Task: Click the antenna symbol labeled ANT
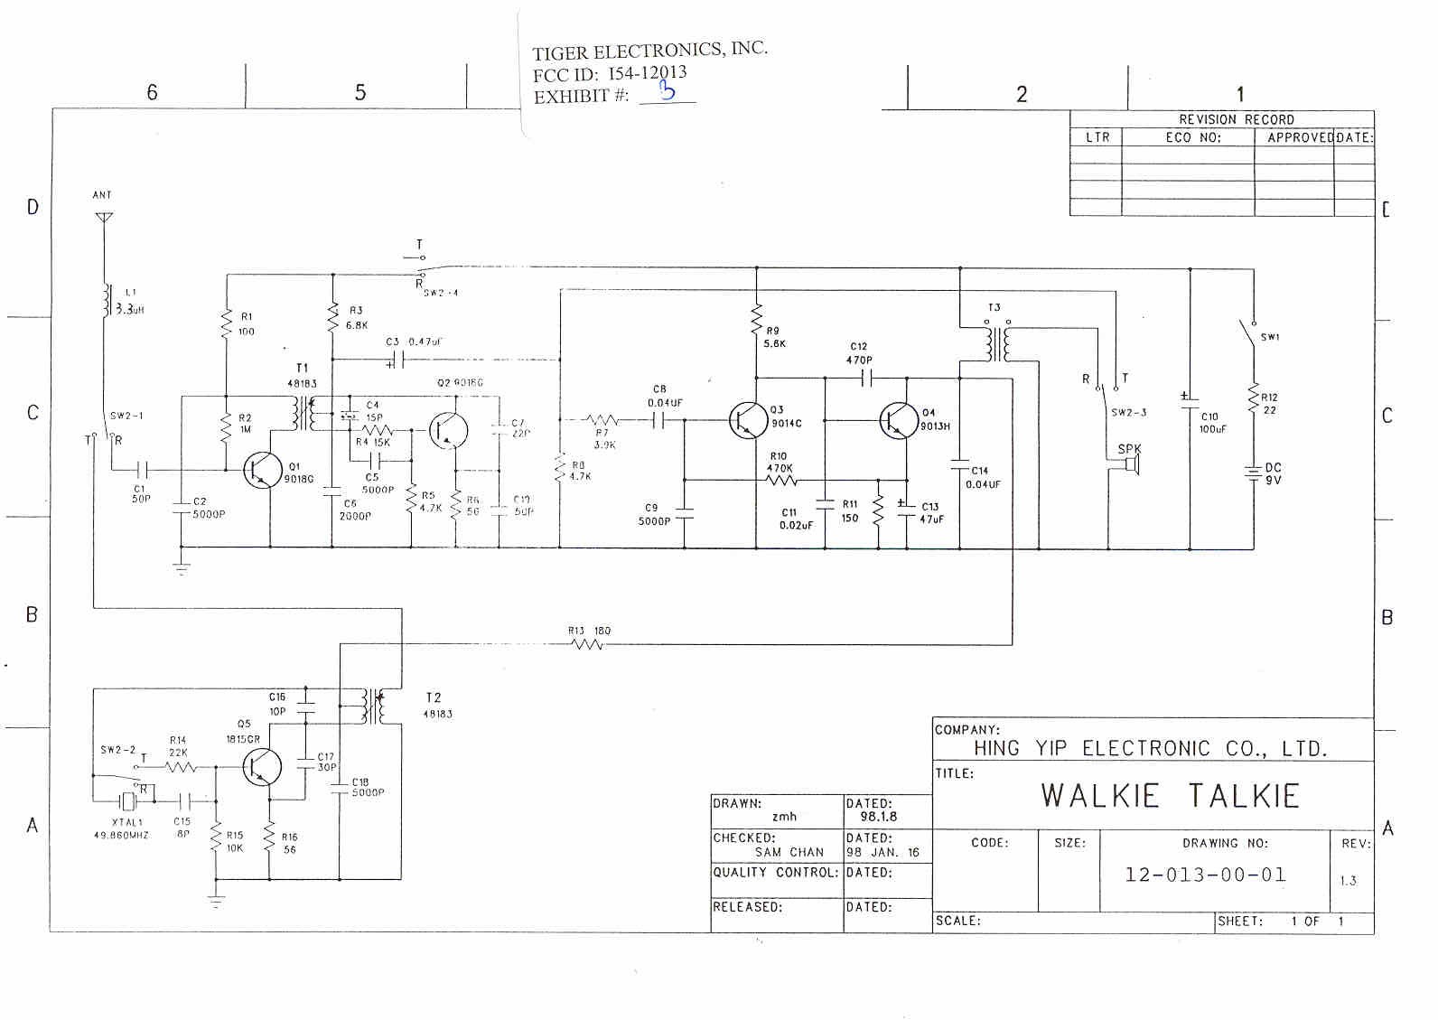click(104, 218)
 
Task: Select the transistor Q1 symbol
click(262, 470)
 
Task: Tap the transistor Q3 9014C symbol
click(748, 420)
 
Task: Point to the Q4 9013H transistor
click(899, 420)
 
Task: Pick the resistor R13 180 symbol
click(587, 644)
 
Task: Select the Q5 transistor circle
click(262, 767)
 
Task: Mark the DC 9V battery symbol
click(1253, 473)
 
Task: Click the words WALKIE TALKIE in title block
click(1170, 796)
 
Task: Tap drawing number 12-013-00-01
click(1205, 875)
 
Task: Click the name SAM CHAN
click(789, 852)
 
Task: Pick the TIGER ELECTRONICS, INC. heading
click(649, 51)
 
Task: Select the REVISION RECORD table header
click(1236, 119)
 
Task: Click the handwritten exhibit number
click(668, 90)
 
